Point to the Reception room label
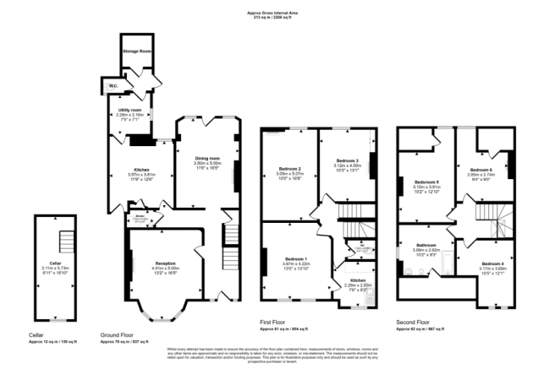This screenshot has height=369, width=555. coord(166,263)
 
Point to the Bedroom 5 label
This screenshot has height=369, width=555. coord(426,182)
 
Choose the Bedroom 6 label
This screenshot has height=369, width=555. coord(482,169)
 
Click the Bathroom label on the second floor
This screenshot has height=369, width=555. coord(426,246)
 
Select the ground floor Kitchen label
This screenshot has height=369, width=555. coord(126,170)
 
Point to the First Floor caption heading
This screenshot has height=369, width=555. coord(273,323)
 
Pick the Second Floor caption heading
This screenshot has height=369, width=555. coord(414,323)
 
